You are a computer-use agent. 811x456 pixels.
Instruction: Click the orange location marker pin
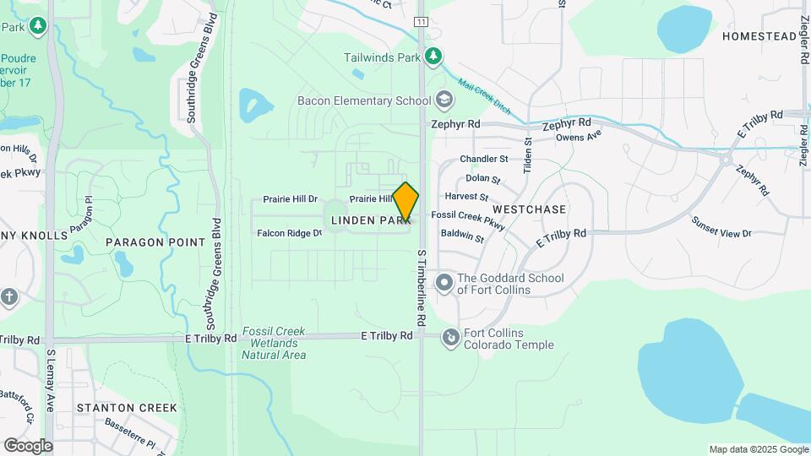406,201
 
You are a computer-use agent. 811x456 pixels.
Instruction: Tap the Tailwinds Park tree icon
433,57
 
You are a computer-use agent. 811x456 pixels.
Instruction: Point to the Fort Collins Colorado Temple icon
450,338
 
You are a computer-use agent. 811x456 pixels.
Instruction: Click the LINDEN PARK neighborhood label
370,220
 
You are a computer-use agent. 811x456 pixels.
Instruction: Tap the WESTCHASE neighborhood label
529,209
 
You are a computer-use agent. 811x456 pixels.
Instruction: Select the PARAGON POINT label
155,242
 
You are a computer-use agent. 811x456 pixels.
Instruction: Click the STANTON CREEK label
127,408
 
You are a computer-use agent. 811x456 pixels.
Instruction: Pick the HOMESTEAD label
759,36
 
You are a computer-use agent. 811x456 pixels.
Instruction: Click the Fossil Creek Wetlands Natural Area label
274,343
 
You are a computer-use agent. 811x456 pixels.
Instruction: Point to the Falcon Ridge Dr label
289,233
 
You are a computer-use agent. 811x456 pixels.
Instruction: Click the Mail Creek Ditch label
485,97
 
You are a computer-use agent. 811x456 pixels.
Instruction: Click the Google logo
28,445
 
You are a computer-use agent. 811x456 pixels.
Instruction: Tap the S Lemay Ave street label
51,380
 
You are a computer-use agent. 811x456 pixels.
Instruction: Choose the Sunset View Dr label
721,226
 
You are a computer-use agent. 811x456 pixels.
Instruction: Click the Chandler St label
483,159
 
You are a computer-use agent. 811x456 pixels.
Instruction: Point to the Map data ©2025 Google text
758,449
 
